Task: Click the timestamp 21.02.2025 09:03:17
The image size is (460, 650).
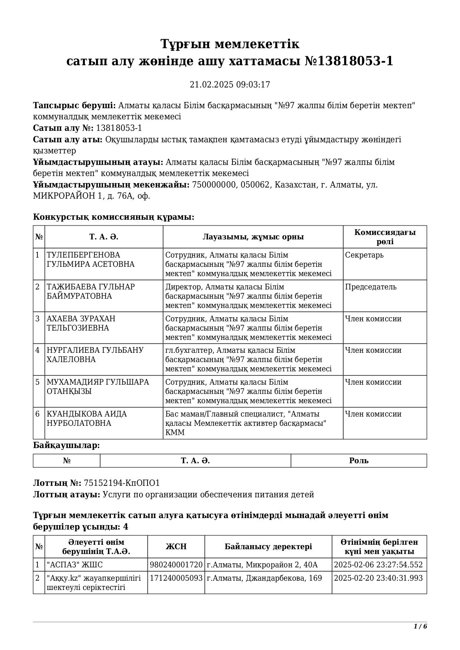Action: point(230,85)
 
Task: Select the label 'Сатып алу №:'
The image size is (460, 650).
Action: point(63,128)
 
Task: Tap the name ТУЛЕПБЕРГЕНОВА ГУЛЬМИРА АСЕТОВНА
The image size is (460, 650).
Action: point(90,260)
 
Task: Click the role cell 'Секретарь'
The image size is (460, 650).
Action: point(364,255)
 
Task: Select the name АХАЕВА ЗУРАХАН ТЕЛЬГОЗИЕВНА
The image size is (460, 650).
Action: point(81,324)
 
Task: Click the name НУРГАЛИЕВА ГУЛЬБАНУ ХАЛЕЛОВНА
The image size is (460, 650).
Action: point(95,355)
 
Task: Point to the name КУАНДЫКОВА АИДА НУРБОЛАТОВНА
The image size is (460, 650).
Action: point(86,419)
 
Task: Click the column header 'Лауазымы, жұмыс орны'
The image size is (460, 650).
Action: point(253,237)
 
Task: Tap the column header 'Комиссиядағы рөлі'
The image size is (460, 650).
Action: point(385,237)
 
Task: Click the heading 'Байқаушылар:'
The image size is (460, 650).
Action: point(66,445)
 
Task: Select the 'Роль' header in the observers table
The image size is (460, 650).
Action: point(359,461)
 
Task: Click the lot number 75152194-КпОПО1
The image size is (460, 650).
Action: point(122,483)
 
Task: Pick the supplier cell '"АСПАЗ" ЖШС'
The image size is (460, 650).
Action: point(75,565)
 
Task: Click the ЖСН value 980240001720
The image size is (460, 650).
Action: point(176,565)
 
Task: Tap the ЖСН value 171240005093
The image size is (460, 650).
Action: point(176,578)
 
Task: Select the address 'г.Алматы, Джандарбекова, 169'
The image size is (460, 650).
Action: point(264,578)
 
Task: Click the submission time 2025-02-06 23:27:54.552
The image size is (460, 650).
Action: point(378,565)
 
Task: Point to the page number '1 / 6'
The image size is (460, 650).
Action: point(420,627)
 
